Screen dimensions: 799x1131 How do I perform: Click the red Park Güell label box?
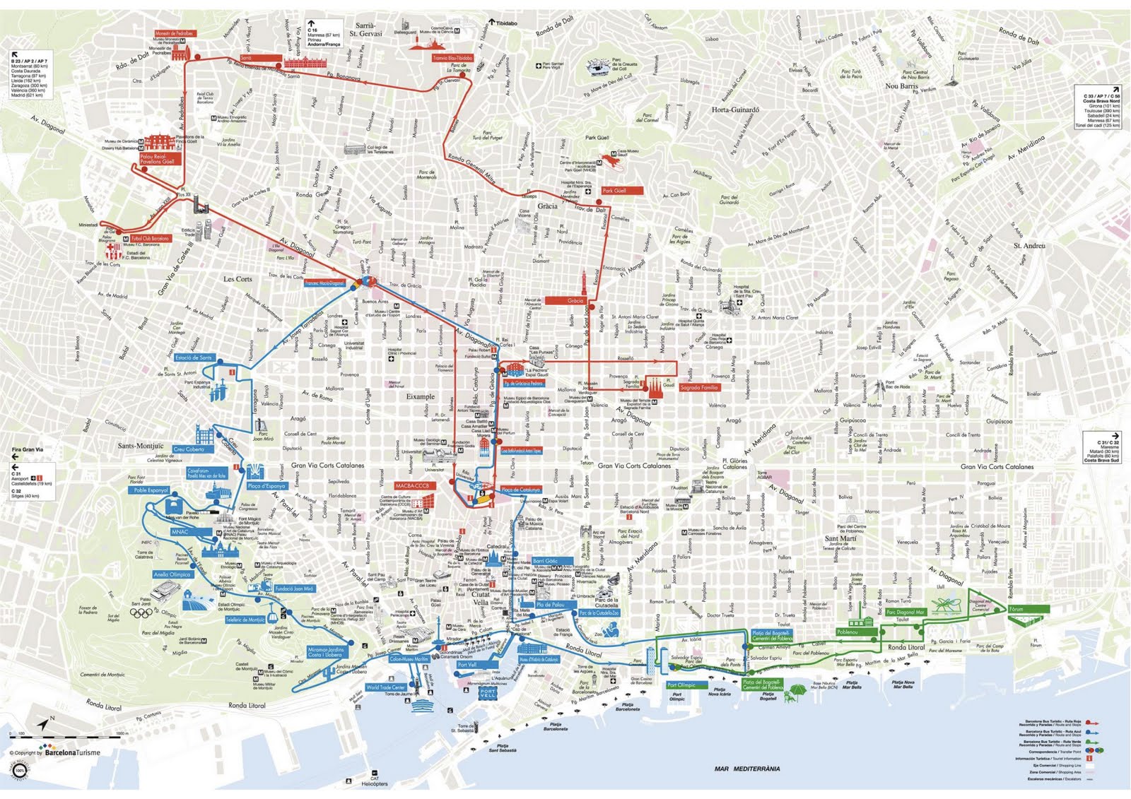pyautogui.click(x=622, y=191)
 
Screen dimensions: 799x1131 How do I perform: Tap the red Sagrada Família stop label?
pyautogui.click(x=699, y=387)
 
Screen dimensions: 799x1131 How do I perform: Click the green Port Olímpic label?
pyautogui.click(x=681, y=685)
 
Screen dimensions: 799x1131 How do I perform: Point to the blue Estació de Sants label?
pyautogui.click(x=193, y=357)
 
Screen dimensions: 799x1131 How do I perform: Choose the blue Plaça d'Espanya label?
pyautogui.click(x=266, y=486)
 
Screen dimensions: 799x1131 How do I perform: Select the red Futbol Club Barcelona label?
pyautogui.click(x=150, y=239)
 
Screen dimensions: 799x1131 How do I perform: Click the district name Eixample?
pyautogui.click(x=420, y=396)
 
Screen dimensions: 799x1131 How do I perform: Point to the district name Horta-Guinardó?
pyautogui.click(x=735, y=110)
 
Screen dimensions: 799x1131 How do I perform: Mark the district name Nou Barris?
pyautogui.click(x=901, y=86)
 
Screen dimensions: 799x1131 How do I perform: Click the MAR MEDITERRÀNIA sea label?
pyautogui.click(x=746, y=769)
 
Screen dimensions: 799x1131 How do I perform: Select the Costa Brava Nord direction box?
pyautogui.click(x=1101, y=106)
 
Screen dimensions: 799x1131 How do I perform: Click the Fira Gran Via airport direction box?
pyautogui.click(x=32, y=472)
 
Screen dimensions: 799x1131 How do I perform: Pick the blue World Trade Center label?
pyautogui.click(x=386, y=687)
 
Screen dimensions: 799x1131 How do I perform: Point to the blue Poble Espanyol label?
pyautogui.click(x=149, y=490)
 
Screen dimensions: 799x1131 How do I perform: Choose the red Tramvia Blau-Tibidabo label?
pyautogui.click(x=452, y=59)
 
